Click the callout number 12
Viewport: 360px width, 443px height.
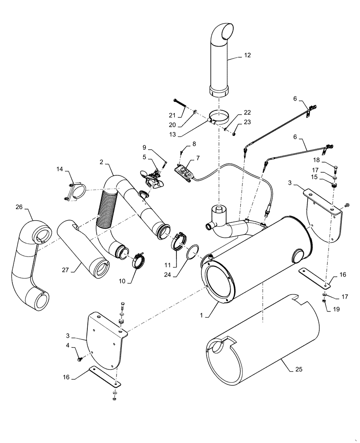247,55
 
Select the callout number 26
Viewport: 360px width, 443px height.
18,207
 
